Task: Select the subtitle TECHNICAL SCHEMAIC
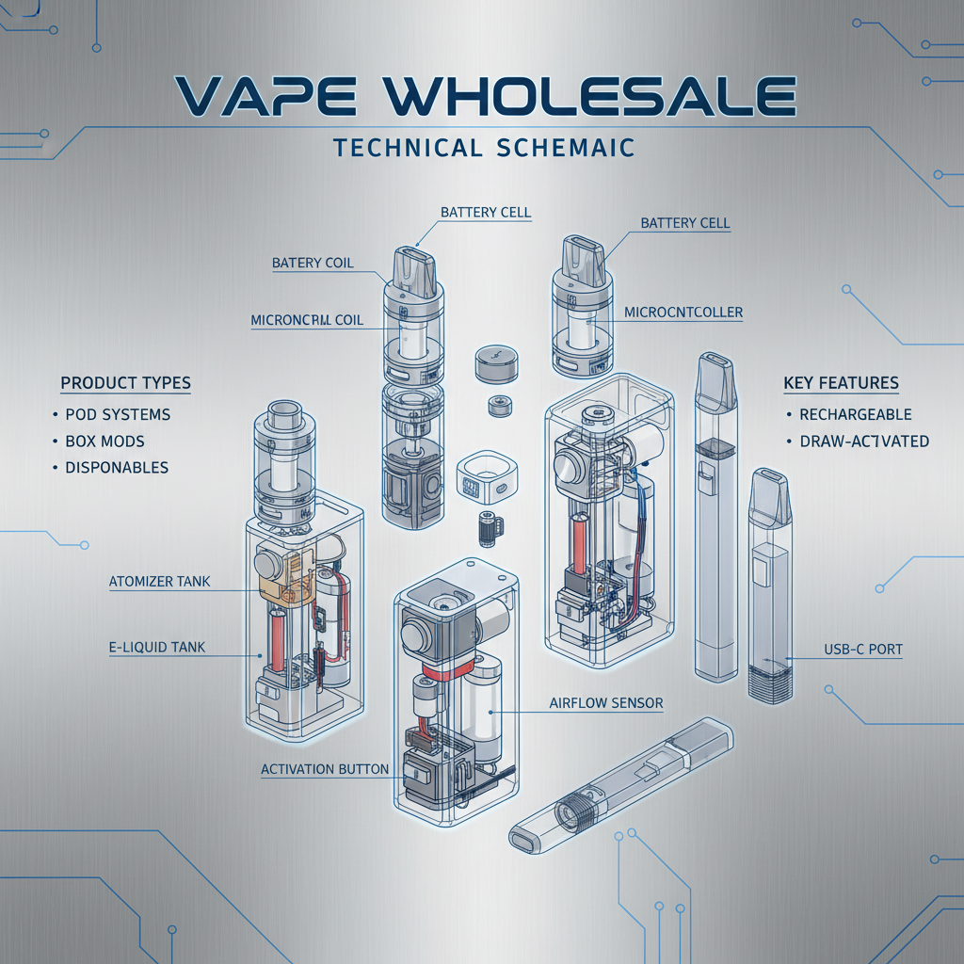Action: click(481, 148)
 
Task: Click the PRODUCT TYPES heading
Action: click(125, 383)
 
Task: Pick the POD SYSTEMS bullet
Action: click(118, 414)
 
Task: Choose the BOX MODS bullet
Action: click(104, 441)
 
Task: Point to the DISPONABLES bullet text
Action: click(117, 468)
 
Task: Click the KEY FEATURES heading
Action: click(841, 383)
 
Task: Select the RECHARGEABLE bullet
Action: click(855, 414)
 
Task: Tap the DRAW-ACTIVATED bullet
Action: click(863, 441)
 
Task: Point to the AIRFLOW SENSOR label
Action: click(605, 703)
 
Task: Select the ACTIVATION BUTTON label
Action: click(324, 769)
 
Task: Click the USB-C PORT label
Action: click(863, 651)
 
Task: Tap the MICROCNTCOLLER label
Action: click(683, 312)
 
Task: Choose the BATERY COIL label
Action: click(313, 263)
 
